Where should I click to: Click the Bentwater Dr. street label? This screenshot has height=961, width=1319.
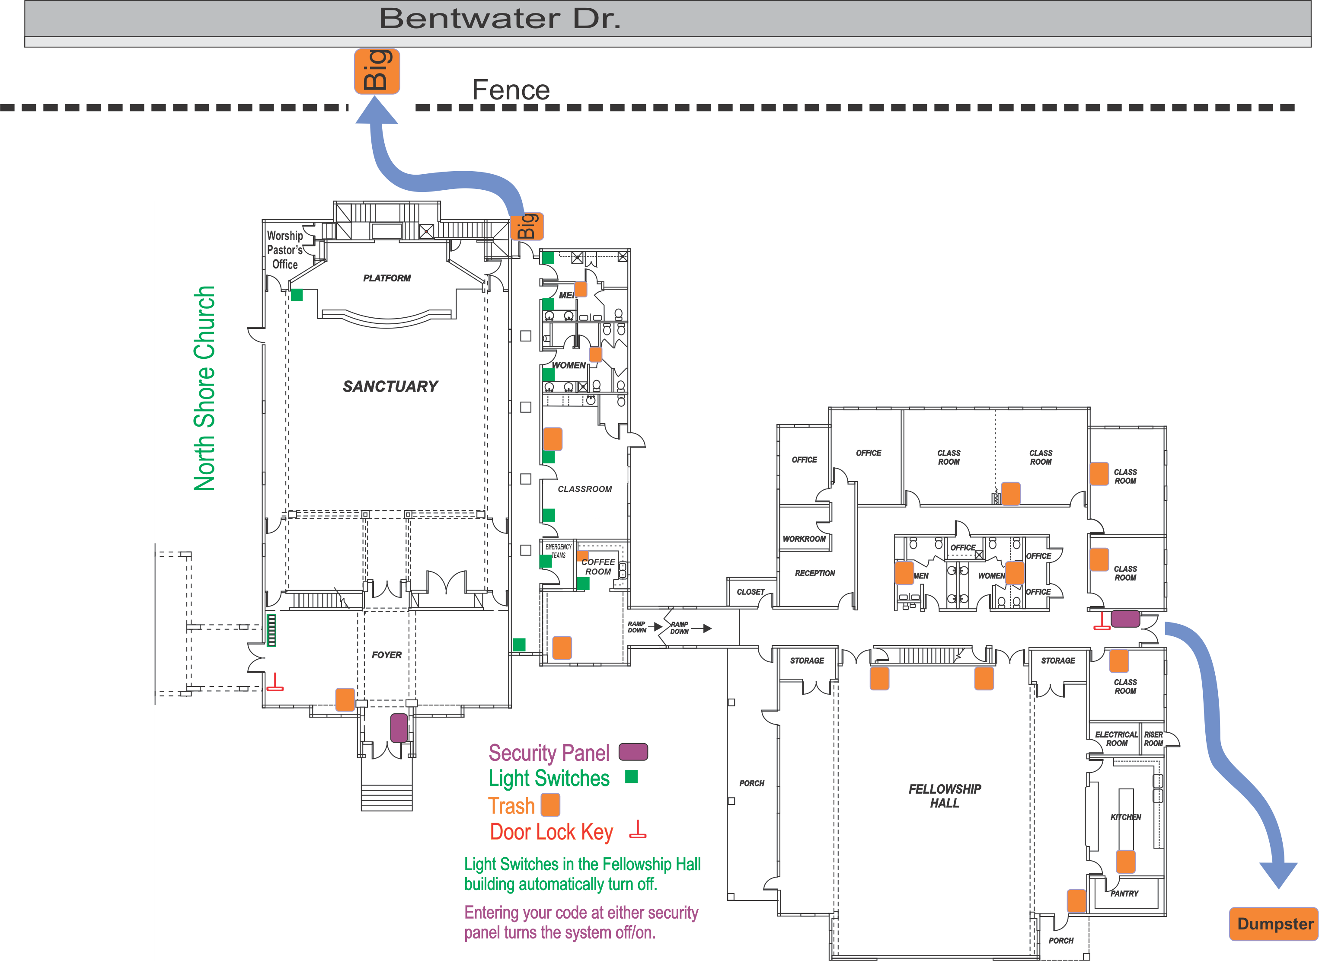coord(500,18)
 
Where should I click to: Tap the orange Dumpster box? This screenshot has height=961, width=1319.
coord(1274,924)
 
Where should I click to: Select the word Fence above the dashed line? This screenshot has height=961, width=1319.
coord(511,89)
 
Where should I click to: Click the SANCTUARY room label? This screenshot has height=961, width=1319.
coord(390,386)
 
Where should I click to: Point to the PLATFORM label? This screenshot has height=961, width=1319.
coord(387,278)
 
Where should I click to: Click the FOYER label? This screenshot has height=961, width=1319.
coord(387,655)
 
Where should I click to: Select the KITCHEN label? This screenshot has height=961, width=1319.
coord(1125,817)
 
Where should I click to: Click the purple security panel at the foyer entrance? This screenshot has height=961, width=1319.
coord(399,728)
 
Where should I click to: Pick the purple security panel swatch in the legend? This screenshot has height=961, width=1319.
coord(633,752)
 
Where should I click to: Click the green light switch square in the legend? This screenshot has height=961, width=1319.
coord(631,776)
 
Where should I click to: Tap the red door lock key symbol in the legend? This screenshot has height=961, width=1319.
coord(638,830)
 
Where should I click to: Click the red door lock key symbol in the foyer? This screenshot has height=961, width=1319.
coord(275,682)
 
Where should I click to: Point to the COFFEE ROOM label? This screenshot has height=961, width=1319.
coord(598,567)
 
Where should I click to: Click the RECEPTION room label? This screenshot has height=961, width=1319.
coord(815,573)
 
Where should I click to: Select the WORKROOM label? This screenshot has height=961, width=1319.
coord(804,539)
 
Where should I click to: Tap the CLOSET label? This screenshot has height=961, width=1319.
coord(750,592)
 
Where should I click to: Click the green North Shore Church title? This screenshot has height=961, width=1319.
coord(204,388)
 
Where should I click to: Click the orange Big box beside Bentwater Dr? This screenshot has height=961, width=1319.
coord(377,71)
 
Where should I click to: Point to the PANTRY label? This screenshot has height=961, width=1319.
coord(1124,894)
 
